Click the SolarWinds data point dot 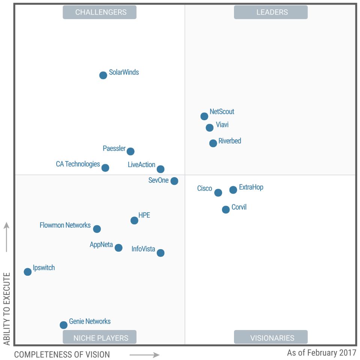tap(103, 75)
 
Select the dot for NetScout tap(204, 117)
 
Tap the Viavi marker tap(210, 128)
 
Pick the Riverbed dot tap(213, 143)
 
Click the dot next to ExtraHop tap(233, 190)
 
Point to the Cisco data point tap(218, 193)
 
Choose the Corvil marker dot tap(226, 210)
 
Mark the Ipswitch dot tap(28, 272)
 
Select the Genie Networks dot tap(64, 325)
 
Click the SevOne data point tap(174, 181)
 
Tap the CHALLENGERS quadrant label tap(100, 12)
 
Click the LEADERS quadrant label tap(271, 12)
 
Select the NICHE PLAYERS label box tap(100, 337)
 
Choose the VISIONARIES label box tap(271, 337)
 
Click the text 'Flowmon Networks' tap(65, 225)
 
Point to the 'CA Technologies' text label tap(78, 164)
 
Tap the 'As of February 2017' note tap(322, 353)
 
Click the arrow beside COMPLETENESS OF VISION tap(144, 355)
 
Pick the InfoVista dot tap(160, 253)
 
